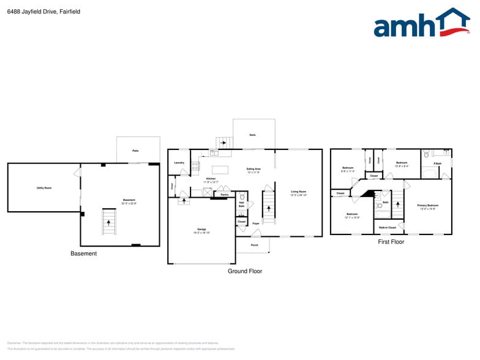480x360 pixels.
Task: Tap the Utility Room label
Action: [x=44, y=188]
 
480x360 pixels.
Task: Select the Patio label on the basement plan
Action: [x=135, y=150]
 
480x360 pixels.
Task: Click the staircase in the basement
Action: [x=108, y=221]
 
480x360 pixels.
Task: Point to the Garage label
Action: [x=201, y=230]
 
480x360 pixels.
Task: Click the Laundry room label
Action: [x=179, y=163]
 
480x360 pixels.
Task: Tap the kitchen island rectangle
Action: [x=220, y=170]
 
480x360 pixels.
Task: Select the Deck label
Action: [x=252, y=135]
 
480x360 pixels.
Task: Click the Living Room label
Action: [x=298, y=192]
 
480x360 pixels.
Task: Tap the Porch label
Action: [x=255, y=246]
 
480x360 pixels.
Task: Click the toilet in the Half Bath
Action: [x=242, y=198]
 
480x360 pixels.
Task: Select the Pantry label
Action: [x=225, y=195]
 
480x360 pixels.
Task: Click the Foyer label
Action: [x=256, y=223]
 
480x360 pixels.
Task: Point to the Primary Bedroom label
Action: [x=427, y=205]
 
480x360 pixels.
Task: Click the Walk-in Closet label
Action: [x=387, y=227]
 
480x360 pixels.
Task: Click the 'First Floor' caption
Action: [x=391, y=242]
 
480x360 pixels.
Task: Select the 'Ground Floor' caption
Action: [x=245, y=271]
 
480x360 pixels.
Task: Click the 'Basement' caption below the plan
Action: [x=83, y=253]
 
